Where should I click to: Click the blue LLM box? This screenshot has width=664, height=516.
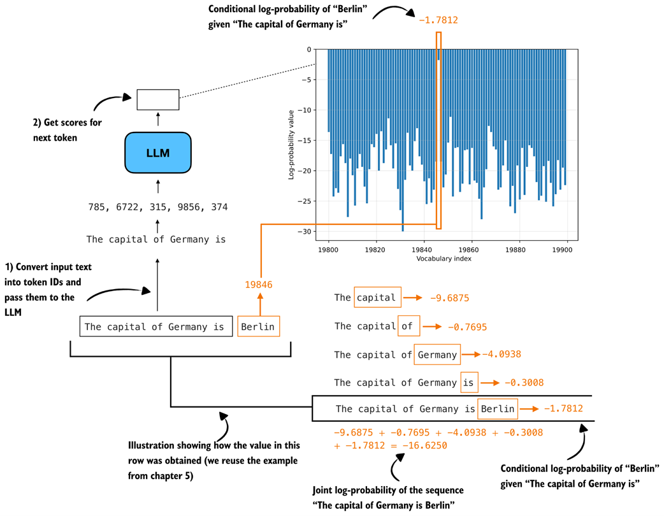[158, 152]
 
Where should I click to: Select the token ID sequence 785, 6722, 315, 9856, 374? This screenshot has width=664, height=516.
[157, 207]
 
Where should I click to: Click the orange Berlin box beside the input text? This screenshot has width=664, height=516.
[259, 327]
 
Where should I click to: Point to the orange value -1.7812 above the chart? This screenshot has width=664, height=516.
[438, 20]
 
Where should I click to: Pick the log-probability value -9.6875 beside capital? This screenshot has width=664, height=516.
[449, 297]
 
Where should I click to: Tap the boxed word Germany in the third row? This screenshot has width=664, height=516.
[437, 355]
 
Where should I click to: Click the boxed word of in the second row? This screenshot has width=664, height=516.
[408, 326]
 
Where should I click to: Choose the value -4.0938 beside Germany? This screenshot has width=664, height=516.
[503, 355]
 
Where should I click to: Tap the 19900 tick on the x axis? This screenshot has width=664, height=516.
[565, 251]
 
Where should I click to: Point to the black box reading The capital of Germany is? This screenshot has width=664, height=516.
[155, 327]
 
